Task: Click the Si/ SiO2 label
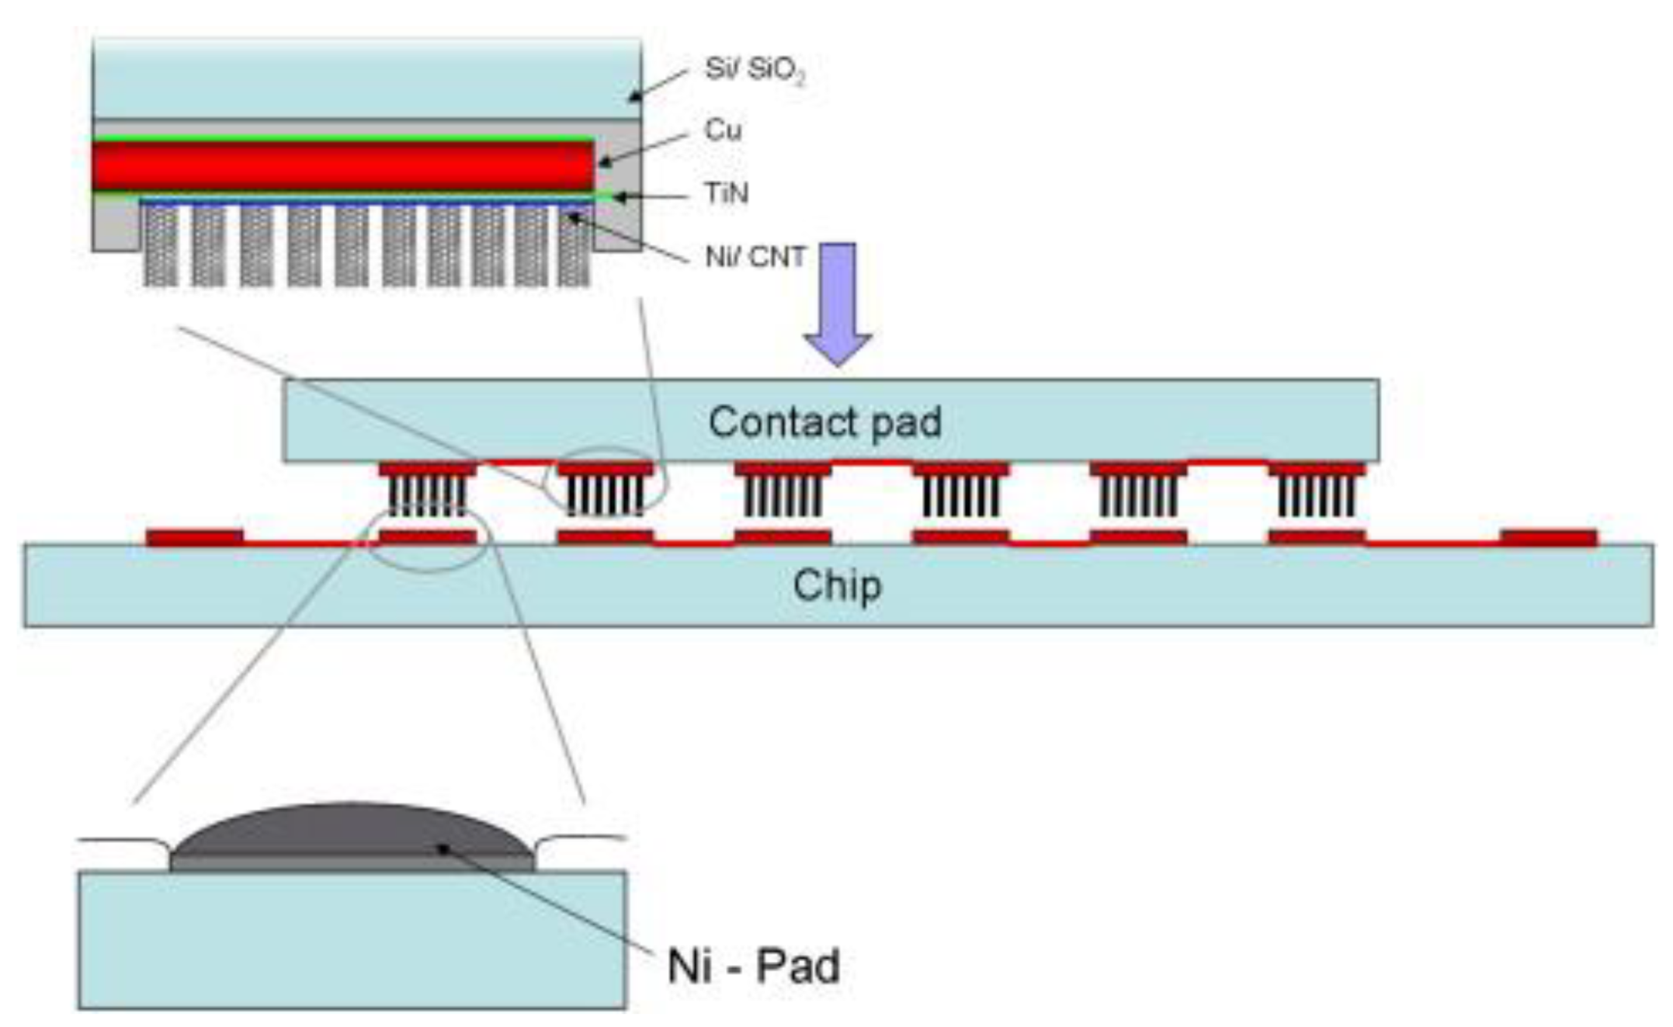coord(754,70)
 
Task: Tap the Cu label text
coord(722,130)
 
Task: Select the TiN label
coord(726,193)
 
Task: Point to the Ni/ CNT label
coord(755,256)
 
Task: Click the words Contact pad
coord(824,422)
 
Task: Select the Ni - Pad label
coord(753,966)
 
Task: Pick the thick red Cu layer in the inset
coord(342,165)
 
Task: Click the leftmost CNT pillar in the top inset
coord(161,245)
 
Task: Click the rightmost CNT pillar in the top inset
coord(574,245)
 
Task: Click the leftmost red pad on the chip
coord(195,537)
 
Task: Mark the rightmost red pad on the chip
coord(1549,537)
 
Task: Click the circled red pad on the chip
coord(427,536)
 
